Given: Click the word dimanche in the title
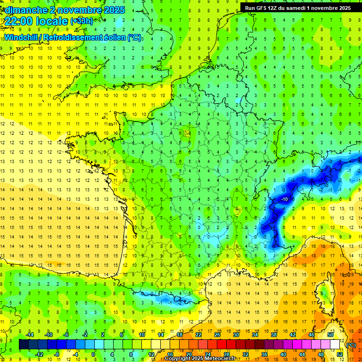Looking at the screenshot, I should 24,10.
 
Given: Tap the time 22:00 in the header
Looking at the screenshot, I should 19,21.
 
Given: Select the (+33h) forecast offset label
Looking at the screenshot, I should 82,21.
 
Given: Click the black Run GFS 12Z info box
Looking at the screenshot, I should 297,8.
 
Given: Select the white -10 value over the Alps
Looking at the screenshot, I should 284,199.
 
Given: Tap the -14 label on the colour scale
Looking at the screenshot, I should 30,335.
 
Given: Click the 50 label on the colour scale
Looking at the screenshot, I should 330,335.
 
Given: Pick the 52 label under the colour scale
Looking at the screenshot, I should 339,354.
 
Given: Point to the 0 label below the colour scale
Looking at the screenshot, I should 93,354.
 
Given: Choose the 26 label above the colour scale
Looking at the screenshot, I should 217,335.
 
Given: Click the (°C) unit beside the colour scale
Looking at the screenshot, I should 351,345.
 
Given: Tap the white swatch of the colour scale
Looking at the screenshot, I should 335,345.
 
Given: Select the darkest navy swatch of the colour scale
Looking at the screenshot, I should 24,345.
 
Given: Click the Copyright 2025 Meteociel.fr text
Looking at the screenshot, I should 200,359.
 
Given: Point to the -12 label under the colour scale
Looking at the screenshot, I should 39,354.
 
